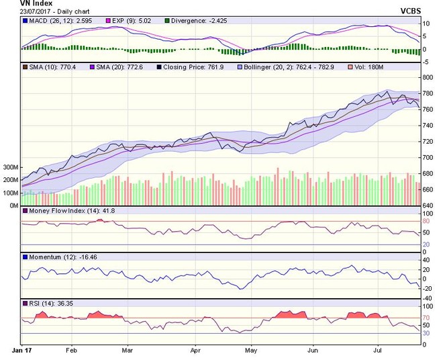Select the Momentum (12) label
pyautogui.click(x=57, y=257)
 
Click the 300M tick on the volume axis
pyautogui.click(x=9, y=167)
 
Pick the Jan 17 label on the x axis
pyautogui.click(x=22, y=351)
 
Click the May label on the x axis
pyautogui.click(x=251, y=351)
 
